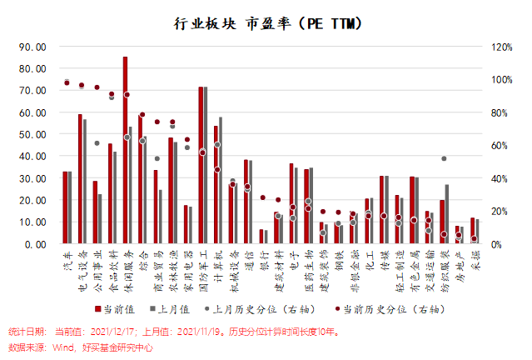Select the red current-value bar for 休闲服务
125,150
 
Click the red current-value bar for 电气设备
80,179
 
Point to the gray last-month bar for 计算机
221,180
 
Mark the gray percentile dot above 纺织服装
444,158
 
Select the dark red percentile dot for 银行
263,197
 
